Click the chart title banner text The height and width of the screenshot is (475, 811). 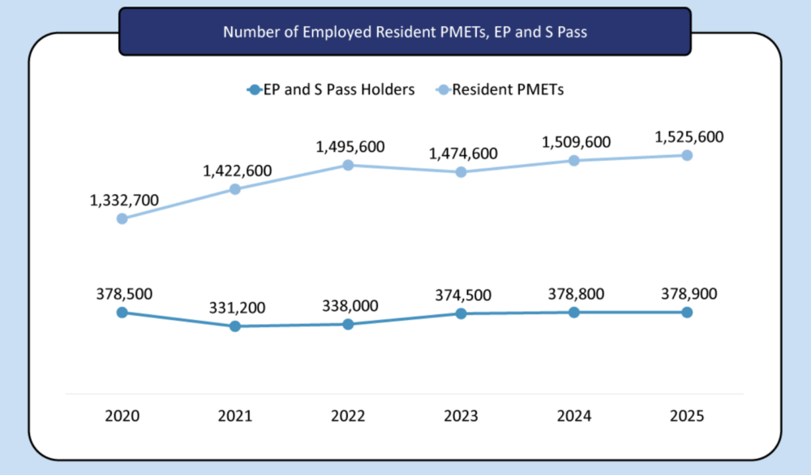(405, 33)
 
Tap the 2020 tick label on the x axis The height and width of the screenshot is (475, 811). (122, 416)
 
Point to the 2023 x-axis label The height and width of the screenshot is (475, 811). (461, 416)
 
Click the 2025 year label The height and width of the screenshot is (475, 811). (687, 416)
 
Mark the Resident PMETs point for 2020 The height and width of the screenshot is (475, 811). (122, 218)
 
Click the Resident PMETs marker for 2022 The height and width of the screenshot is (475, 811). (348, 165)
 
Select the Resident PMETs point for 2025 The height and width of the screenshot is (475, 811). (687, 155)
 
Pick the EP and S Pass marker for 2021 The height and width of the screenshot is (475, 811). (235, 326)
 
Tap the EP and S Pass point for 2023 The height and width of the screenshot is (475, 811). (461, 313)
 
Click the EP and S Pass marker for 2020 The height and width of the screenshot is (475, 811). (122, 312)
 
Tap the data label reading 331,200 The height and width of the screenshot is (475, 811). (235, 308)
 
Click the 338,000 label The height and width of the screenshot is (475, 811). (348, 305)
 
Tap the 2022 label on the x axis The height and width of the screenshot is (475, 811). (348, 416)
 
